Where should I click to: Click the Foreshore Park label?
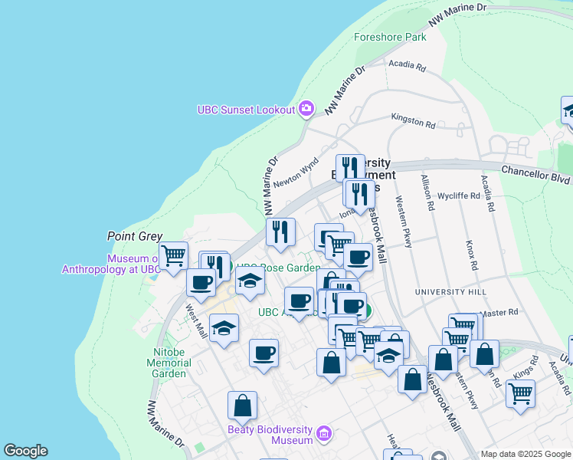pos(390,37)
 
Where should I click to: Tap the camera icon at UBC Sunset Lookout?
pos(306,109)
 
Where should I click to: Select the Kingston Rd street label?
pos(413,120)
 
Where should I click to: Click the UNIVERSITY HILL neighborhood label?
pos(450,292)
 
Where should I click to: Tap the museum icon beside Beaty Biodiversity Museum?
pos(324,435)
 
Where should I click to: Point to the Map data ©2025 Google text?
pos(525,454)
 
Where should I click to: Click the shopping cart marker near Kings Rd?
pos(520,393)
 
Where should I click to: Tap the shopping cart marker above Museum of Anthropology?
pos(174,255)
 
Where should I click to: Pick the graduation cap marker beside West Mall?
pos(224,328)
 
